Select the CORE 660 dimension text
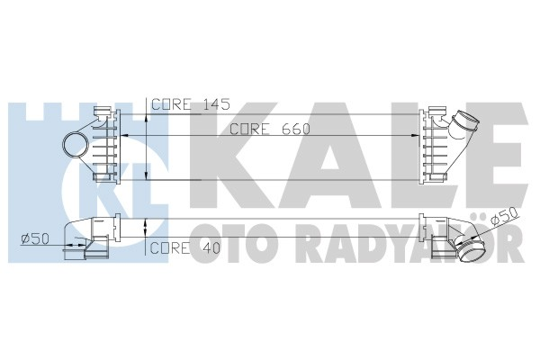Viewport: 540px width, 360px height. coord(269,129)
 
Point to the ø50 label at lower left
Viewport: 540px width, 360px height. coord(34,238)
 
